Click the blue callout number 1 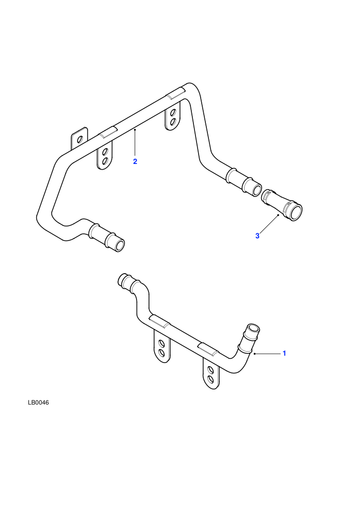[284, 353]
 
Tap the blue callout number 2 [135, 161]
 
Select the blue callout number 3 [257, 236]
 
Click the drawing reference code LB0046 [38, 402]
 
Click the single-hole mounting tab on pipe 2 [79, 140]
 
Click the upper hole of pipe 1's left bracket [161, 343]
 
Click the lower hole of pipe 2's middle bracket [105, 161]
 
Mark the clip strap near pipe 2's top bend [176, 93]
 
